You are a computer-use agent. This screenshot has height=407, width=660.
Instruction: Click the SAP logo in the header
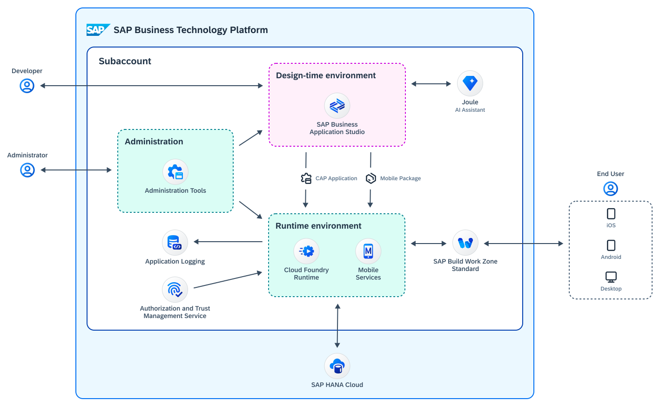98,30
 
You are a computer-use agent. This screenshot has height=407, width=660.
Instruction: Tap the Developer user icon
27,86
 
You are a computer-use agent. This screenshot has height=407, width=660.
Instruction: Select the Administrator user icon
27,170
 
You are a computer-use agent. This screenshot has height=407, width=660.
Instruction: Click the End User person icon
611,189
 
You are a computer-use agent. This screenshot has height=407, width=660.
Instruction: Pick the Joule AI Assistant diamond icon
470,83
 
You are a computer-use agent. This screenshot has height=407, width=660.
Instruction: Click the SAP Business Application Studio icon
337,106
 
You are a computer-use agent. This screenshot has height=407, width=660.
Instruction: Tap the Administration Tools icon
175,172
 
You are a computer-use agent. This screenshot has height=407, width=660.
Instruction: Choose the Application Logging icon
175,243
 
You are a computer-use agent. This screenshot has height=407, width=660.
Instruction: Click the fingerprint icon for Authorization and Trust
175,290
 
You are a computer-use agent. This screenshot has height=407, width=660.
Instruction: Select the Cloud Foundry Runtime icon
307,251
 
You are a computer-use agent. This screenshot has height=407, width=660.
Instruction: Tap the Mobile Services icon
368,251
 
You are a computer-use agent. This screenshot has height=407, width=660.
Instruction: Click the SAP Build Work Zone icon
465,243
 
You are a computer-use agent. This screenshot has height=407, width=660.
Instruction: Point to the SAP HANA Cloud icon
337,366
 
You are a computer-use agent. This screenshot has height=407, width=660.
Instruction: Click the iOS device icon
611,214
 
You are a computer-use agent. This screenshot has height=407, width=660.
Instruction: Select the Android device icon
611,245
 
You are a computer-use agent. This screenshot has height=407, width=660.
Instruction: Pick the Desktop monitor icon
611,277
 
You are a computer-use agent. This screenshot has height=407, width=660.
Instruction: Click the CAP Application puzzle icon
306,178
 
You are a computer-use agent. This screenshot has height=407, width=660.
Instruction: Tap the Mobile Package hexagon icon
371,178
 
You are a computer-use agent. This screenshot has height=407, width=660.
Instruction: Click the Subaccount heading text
125,61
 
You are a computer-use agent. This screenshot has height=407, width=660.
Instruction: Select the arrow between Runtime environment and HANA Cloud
337,326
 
